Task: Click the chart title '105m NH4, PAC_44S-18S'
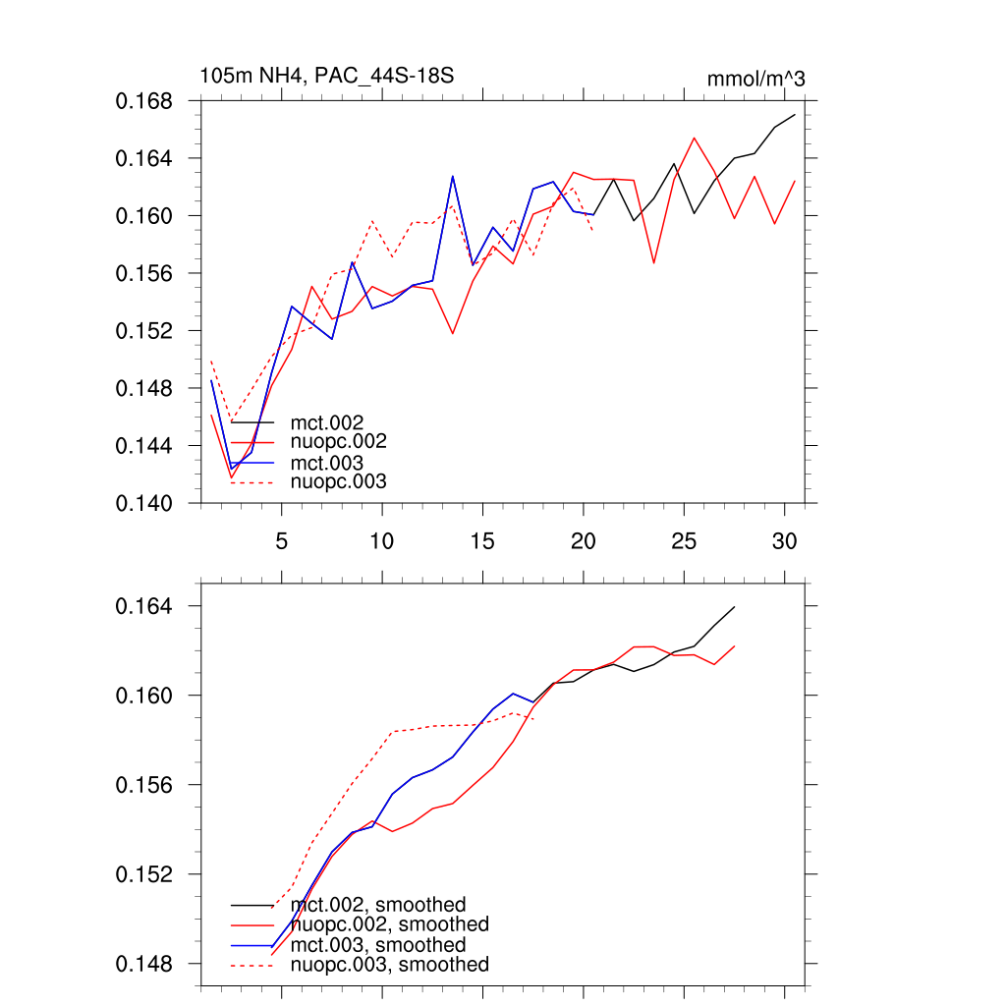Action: pos(326,76)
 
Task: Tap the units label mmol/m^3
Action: pos(755,79)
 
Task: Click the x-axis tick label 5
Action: pos(281,541)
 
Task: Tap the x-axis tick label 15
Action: pos(481,541)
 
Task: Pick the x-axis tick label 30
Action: pos(784,541)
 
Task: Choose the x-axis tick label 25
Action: pos(683,541)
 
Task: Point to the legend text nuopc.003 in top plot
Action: pos(338,481)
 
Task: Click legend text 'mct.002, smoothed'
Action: pos(378,905)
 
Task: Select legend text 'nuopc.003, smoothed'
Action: pos(389,965)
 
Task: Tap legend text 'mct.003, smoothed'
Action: pos(378,945)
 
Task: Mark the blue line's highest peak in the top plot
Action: pos(452,177)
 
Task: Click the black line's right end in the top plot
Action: pos(794,115)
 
